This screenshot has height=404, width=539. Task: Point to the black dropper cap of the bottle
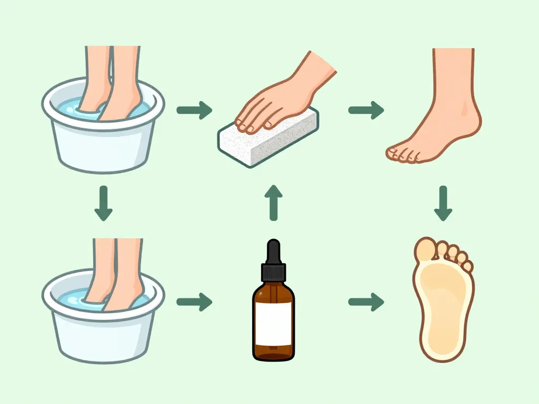pos(273,263)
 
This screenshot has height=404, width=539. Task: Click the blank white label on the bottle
pos(273,323)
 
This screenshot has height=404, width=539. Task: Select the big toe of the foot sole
pos(425,250)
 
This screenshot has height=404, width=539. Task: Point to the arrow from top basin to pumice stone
pos(194,110)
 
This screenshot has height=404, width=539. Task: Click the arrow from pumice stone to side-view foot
pos(366,110)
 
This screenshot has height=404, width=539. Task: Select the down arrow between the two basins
pos(103,203)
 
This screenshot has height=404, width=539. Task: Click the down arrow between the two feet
pos(443,203)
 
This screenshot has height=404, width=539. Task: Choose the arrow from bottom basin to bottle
pos(194,302)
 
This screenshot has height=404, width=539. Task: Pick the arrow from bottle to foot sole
pos(366,302)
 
